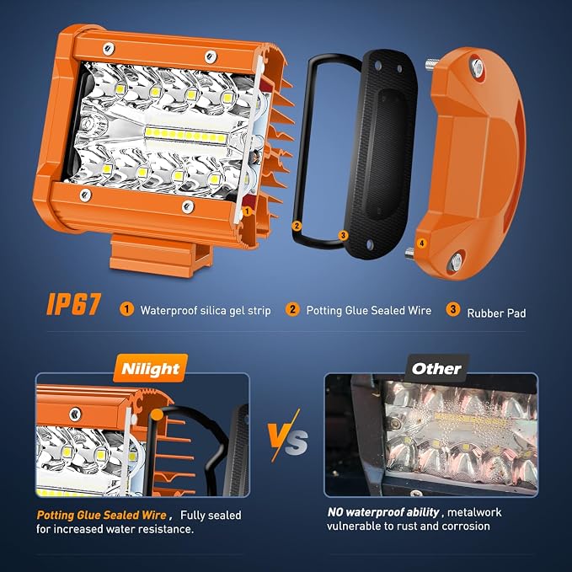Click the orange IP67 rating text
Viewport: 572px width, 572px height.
73,305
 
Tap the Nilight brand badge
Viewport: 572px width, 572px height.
150,368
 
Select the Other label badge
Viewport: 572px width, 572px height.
436,368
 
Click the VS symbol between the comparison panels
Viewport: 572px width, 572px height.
287,436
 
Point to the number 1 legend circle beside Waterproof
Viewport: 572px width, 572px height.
126,310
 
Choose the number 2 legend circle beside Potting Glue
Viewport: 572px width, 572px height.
292,309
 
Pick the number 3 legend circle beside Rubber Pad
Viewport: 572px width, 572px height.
452,309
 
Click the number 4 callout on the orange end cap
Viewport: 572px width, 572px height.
422,243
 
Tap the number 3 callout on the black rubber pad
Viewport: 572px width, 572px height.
343,235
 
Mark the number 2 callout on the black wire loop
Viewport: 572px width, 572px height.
297,226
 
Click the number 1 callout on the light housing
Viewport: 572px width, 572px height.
247,211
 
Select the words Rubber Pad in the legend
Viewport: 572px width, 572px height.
496,313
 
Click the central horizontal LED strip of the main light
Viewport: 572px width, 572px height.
185,136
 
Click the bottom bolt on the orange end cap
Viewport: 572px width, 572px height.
456,261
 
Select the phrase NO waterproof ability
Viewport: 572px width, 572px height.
383,512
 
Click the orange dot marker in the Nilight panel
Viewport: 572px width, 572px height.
157,414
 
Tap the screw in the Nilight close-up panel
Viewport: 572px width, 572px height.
75,414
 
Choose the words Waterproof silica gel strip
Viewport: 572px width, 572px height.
206,311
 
